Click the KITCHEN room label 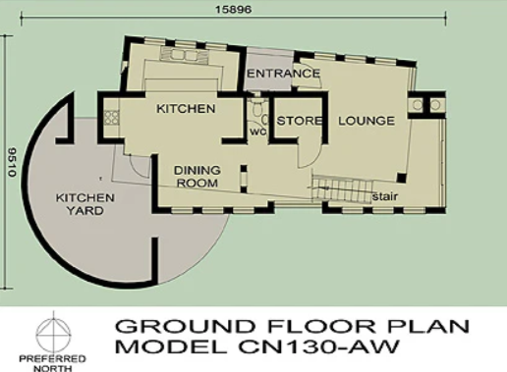(186, 109)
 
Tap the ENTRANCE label (283, 74)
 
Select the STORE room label (299, 121)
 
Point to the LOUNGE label (366, 121)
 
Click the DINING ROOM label (197, 177)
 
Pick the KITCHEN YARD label (84, 204)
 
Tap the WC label (257, 133)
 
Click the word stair (385, 196)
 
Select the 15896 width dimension (233, 9)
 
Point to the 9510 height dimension (12, 162)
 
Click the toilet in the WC (257, 108)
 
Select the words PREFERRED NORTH (52, 363)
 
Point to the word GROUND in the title (185, 326)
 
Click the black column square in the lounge (402, 178)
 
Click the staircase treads (342, 189)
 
